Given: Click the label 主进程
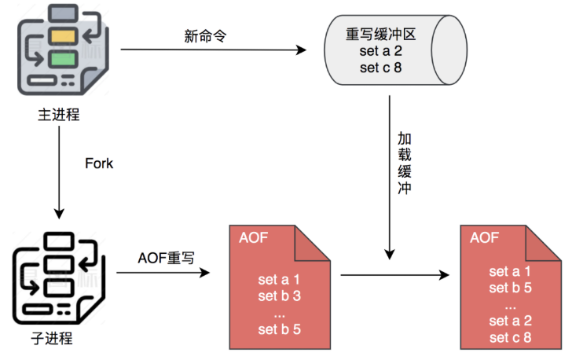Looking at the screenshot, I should click(x=59, y=115).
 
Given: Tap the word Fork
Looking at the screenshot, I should click(x=99, y=163).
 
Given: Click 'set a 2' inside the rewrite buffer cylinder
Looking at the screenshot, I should click(x=380, y=52).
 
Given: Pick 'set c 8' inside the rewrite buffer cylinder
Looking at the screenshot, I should click(x=380, y=68).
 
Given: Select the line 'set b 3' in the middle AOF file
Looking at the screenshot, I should click(x=279, y=296).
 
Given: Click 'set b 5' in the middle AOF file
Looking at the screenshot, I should click(x=279, y=329).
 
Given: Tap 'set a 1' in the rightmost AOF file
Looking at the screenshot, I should click(x=510, y=272).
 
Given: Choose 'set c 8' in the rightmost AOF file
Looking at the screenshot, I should click(x=510, y=337).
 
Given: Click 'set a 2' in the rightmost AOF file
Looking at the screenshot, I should click(x=510, y=321).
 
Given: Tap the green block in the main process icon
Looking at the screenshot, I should click(x=60, y=58).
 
